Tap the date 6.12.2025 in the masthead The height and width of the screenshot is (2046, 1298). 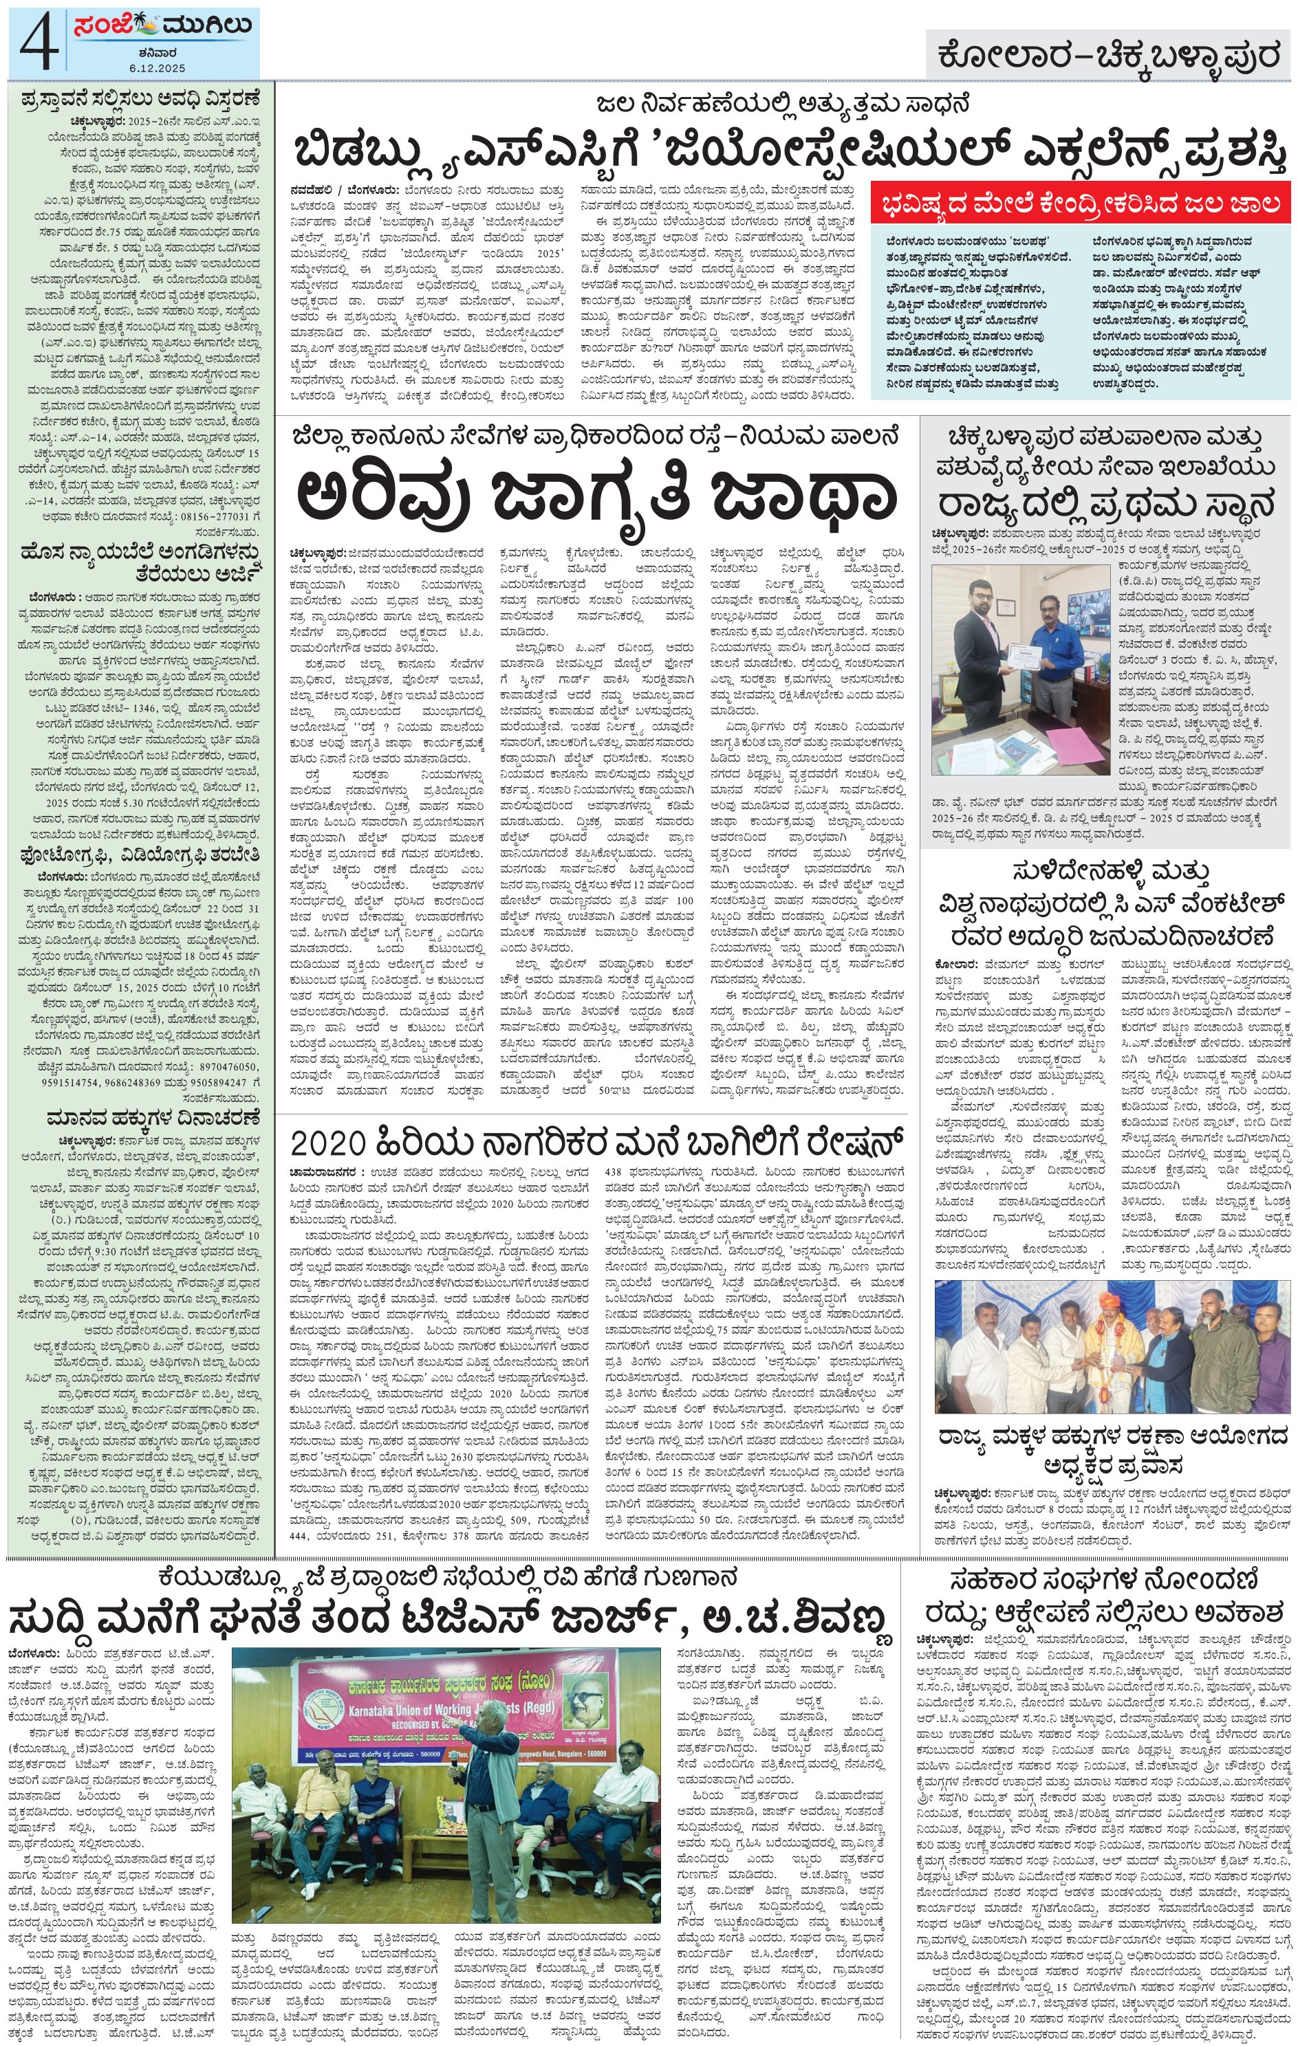coord(158,67)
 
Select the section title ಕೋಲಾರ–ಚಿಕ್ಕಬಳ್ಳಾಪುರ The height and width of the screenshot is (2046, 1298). coord(1108,56)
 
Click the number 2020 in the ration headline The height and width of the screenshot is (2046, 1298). coord(327,1141)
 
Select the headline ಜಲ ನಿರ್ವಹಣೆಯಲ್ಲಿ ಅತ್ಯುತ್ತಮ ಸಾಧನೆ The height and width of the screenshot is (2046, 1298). coord(782,104)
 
